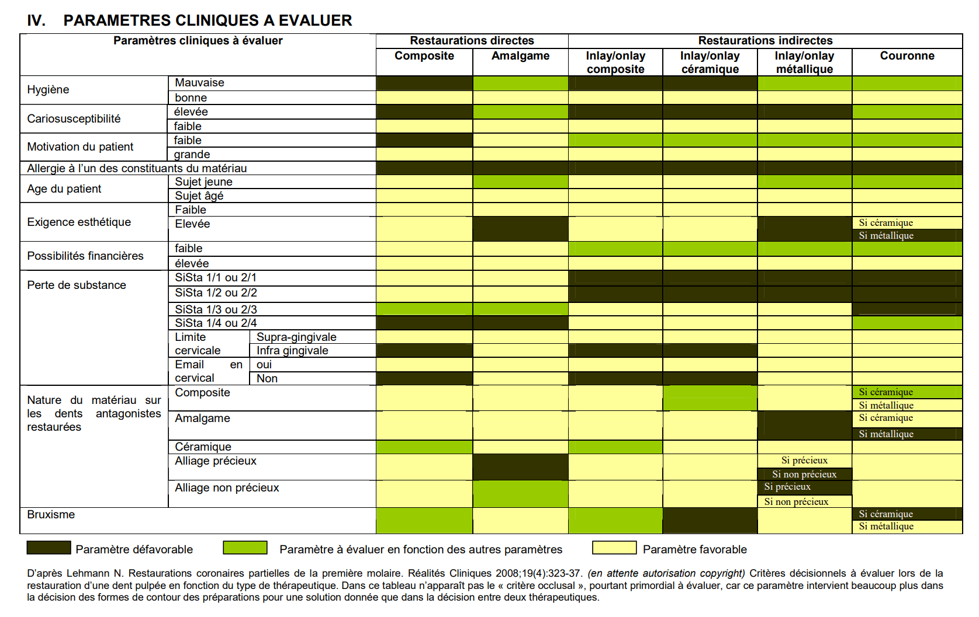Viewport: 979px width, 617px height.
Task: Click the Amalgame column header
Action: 520,56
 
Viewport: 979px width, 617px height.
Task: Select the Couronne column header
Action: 907,56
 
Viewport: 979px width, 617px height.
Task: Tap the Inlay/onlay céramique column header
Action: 710,62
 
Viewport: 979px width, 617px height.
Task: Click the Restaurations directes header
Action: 472,41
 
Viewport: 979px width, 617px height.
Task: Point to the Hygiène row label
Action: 48,89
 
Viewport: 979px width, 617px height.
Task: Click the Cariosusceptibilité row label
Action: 74,118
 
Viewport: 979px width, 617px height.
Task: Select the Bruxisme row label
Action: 51,514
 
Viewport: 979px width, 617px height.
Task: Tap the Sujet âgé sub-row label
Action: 199,196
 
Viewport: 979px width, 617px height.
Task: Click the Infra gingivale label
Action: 292,350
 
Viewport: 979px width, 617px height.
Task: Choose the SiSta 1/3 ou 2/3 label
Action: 216,309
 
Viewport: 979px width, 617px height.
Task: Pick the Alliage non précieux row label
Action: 227,487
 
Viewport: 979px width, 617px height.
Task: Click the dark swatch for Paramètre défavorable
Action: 49,548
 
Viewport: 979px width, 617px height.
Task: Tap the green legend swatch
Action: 245,548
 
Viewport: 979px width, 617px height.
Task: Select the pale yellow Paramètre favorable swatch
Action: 614,548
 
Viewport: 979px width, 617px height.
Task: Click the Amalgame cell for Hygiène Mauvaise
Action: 520,83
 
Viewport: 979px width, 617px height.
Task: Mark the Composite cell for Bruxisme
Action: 424,520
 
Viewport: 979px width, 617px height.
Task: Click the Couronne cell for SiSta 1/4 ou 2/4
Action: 907,323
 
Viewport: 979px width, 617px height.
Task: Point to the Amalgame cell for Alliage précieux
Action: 520,467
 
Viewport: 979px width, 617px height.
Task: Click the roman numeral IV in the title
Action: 36,20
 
